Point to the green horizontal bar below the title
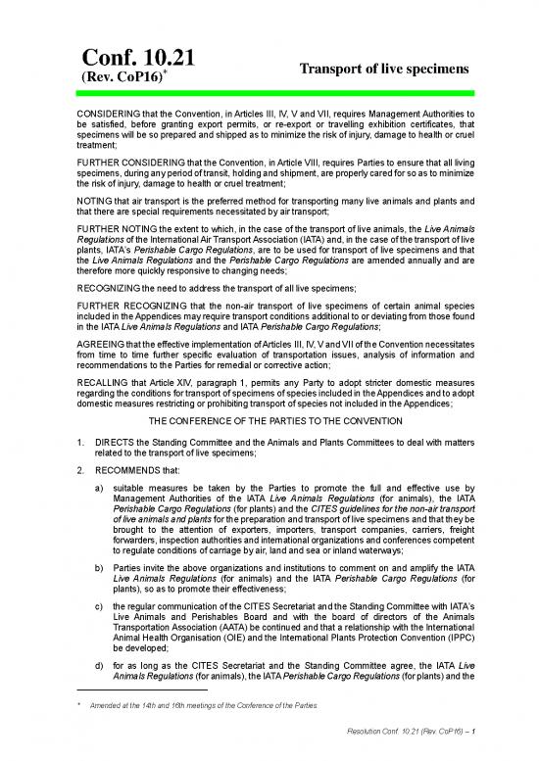pyautogui.click(x=269, y=93)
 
